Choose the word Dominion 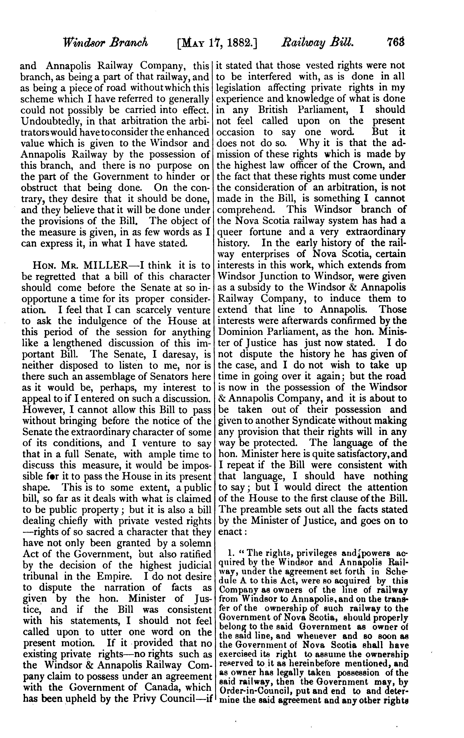240,332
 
